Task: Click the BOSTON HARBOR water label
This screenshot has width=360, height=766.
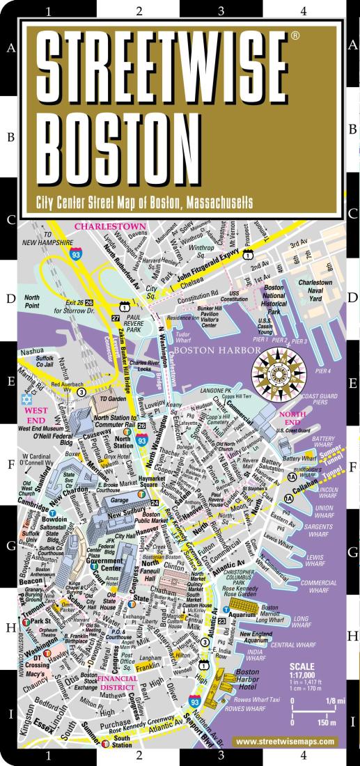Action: [207, 351]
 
